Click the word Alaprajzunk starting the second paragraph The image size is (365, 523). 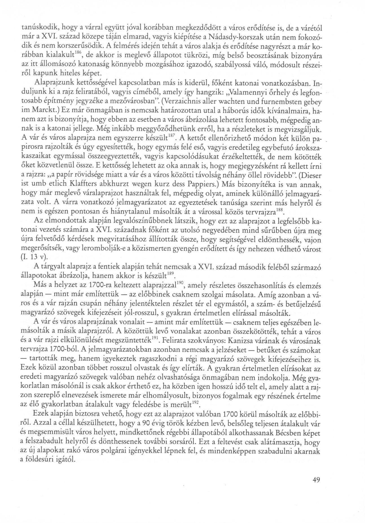[x=52, y=84]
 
